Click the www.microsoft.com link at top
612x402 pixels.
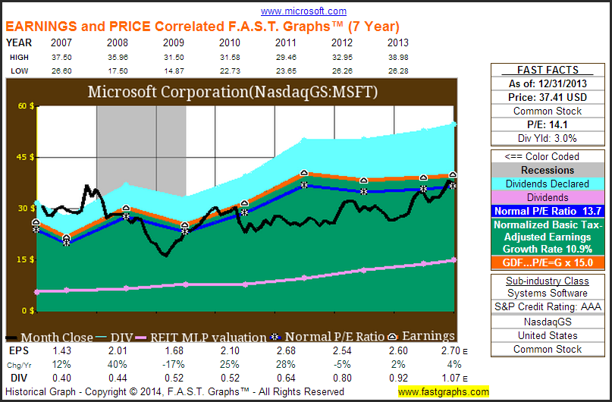click(303, 11)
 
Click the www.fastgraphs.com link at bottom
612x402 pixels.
click(444, 392)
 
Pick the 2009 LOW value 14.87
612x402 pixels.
click(175, 70)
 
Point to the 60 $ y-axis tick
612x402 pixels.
click(27, 106)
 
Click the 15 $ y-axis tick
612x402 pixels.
click(27, 259)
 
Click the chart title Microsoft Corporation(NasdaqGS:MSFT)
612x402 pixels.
click(233, 93)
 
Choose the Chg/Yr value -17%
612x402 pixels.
click(175, 366)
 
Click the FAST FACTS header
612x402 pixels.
click(547, 70)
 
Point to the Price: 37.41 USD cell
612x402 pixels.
click(547, 98)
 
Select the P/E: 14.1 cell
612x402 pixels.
click(547, 124)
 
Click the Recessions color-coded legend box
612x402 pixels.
click(547, 170)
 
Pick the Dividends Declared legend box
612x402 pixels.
click(547, 184)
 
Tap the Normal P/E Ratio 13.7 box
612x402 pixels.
click(547, 211)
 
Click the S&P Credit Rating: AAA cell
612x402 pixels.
click(547, 308)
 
